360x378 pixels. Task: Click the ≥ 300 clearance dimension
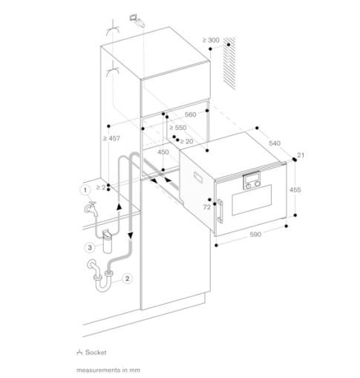click(211, 40)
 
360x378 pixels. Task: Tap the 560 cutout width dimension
click(191, 114)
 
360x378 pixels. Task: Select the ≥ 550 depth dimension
click(178, 128)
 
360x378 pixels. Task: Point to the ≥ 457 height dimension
click(111, 138)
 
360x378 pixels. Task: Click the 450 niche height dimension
click(163, 152)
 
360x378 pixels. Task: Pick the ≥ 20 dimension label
click(186, 141)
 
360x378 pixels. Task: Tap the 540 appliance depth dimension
click(275, 143)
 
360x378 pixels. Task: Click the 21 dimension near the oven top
click(301, 155)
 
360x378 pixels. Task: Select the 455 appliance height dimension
click(295, 189)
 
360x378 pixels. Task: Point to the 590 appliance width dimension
click(255, 234)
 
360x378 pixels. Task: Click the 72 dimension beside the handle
click(207, 207)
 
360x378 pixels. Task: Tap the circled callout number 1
click(85, 190)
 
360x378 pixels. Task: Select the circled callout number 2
click(127, 278)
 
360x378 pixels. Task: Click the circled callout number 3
click(90, 247)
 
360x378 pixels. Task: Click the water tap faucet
click(91, 209)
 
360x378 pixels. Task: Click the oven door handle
click(220, 211)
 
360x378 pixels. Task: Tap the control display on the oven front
click(252, 177)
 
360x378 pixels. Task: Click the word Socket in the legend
click(96, 352)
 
